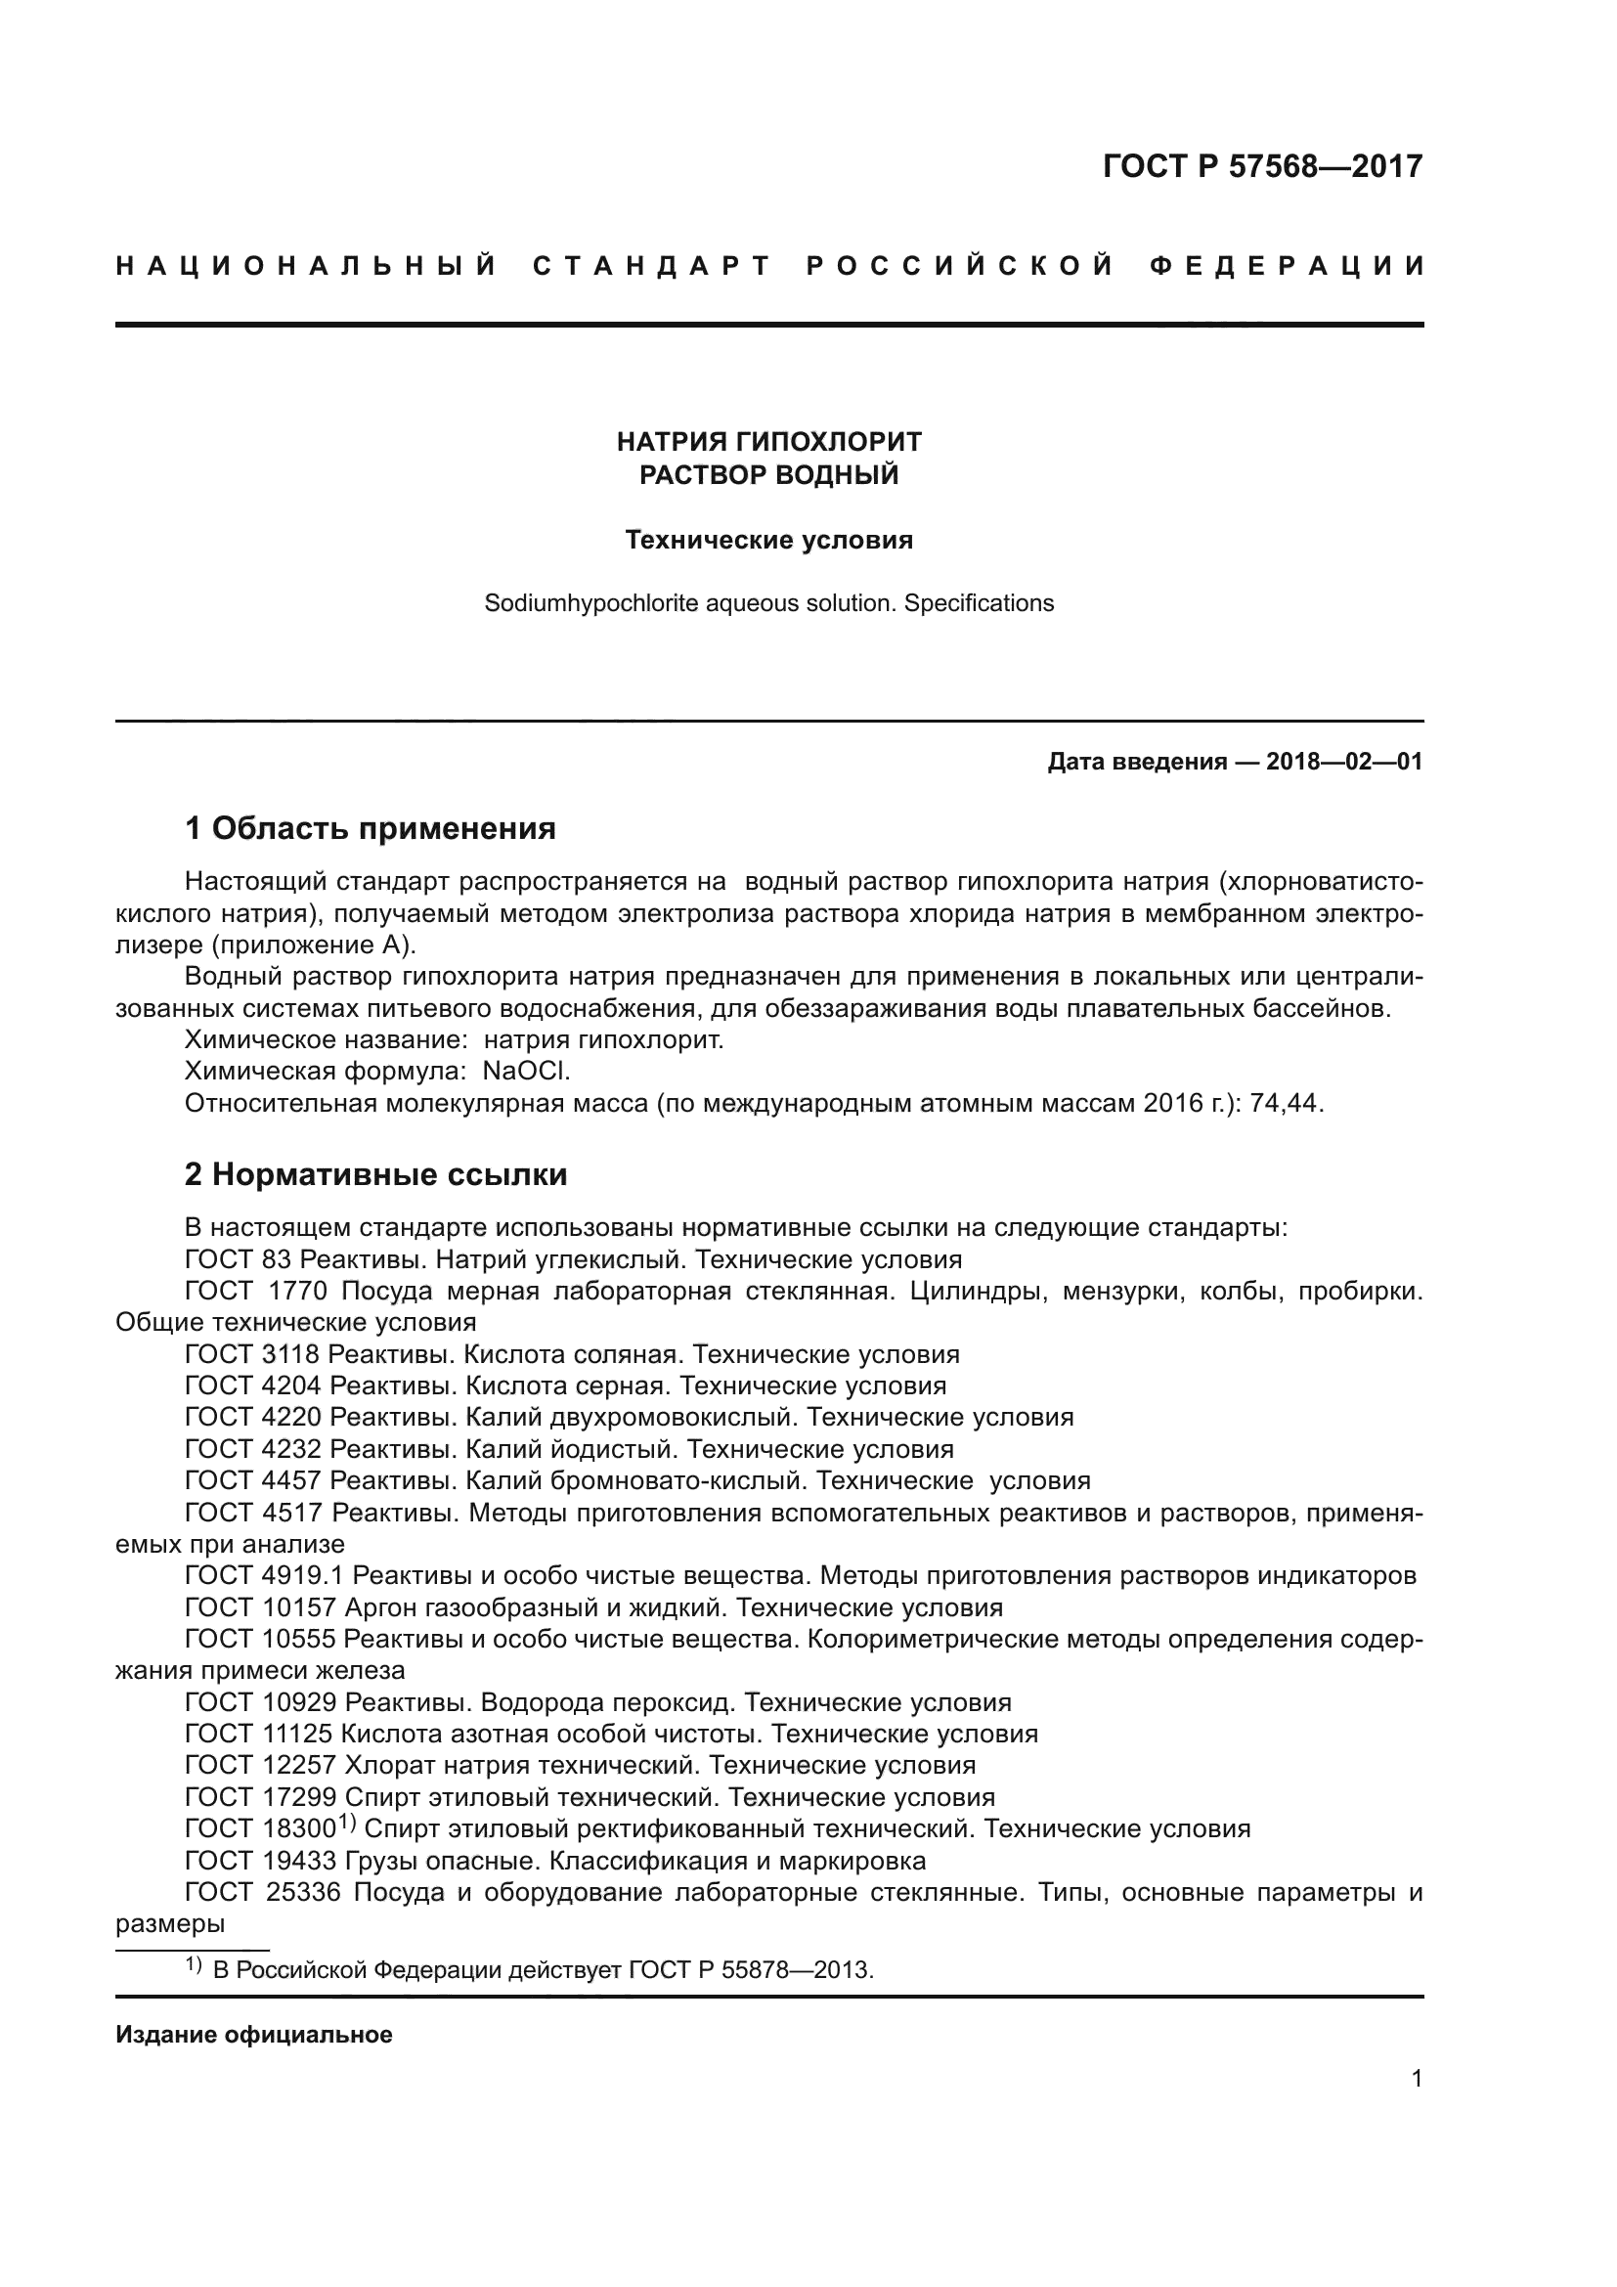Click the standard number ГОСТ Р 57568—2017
tap(1261, 166)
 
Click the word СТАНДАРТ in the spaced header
tap(652, 267)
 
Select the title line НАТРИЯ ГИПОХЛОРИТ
tap(768, 441)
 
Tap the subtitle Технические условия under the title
tap(768, 541)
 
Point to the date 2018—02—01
tap(1343, 763)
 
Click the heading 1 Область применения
tap(370, 828)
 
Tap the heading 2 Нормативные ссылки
tap(375, 1174)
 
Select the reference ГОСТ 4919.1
tap(265, 1576)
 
